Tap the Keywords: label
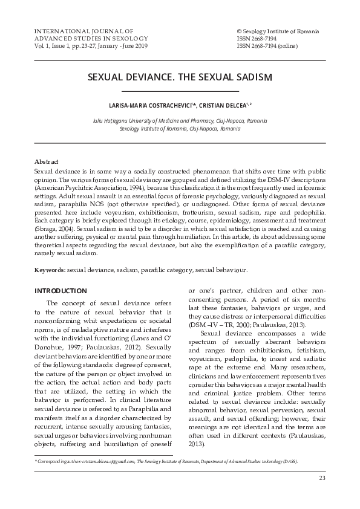[x=50, y=271]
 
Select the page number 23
[x=322, y=479]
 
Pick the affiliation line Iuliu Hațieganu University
[x=180, y=121]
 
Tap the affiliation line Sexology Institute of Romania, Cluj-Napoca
[x=180, y=129]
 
